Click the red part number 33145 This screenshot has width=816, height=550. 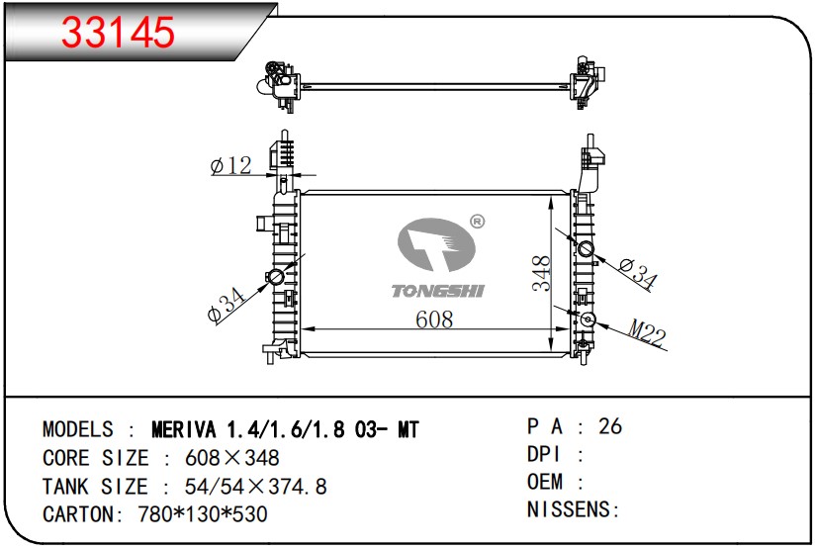tap(118, 33)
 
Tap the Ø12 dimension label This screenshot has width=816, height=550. tap(231, 166)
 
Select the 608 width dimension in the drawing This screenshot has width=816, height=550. tap(434, 319)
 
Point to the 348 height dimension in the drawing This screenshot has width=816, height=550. tap(541, 274)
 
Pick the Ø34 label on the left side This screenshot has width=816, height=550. tap(226, 306)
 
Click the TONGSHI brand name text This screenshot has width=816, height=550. tap(437, 291)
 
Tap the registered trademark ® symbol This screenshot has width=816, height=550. tap(477, 222)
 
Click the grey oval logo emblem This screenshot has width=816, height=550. tap(436, 244)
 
